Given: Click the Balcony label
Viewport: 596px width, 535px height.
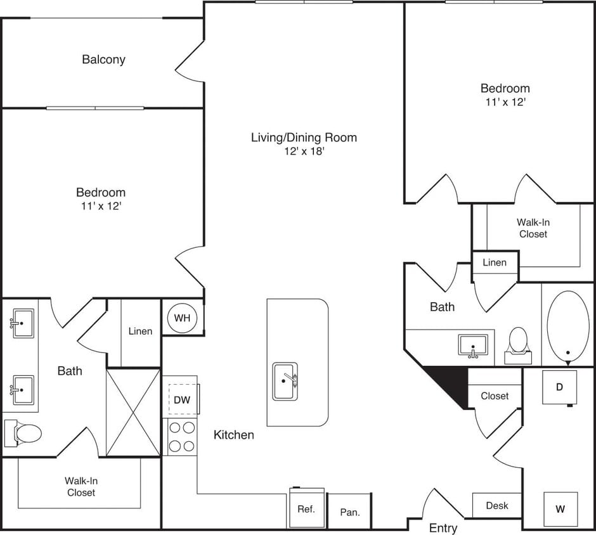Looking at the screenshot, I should [103, 60].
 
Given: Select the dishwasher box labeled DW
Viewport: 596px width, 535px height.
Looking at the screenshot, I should [182, 399].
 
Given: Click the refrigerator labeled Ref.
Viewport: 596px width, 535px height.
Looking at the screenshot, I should [307, 508].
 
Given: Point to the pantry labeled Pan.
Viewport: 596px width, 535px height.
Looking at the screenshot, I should [349, 512].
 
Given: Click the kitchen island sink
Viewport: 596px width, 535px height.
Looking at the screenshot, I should [285, 381].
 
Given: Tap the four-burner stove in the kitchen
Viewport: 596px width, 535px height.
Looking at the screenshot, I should [182, 437].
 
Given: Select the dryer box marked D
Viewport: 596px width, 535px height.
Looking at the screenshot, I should [559, 387].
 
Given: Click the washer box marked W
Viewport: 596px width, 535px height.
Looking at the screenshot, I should [560, 508].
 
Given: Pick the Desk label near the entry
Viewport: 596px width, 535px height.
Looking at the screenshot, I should [497, 505].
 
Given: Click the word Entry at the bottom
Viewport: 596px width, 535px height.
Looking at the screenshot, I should [443, 528].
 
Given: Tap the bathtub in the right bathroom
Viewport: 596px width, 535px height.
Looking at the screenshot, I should [568, 326].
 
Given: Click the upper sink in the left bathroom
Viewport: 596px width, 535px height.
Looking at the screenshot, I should [22, 323].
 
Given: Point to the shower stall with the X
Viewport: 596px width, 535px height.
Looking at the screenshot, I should [133, 412].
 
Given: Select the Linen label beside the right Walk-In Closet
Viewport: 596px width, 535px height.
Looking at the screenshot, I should [495, 262].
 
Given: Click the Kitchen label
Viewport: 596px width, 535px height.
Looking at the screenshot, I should [233, 435].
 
